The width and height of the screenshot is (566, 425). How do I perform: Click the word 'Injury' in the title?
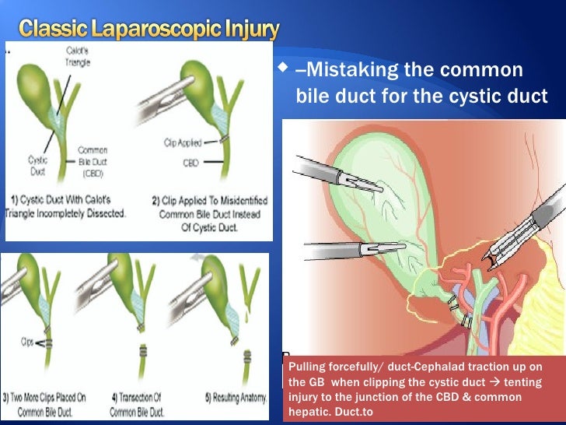click(251, 30)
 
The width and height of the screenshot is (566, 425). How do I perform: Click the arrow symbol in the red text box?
click(493, 382)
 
